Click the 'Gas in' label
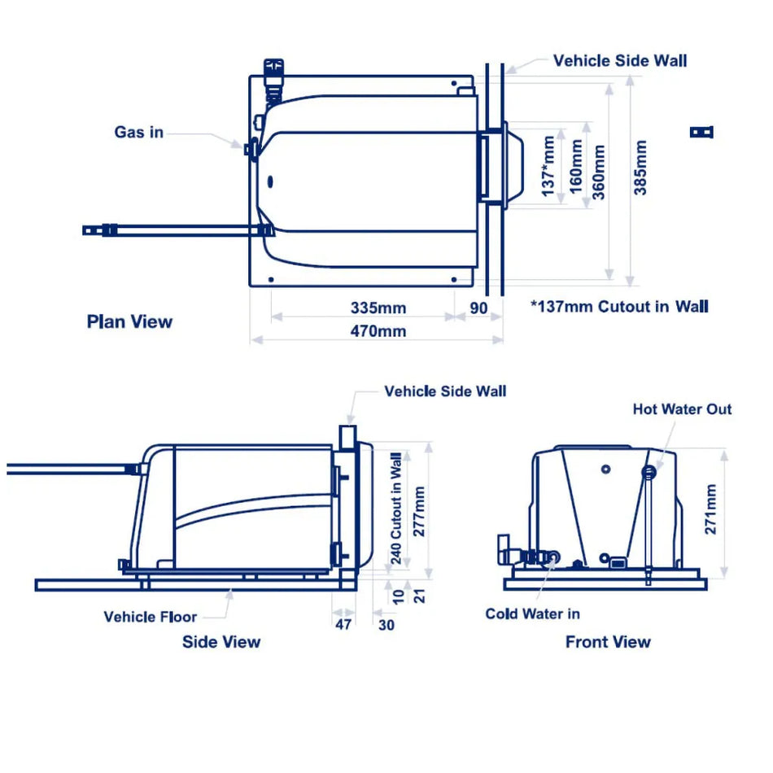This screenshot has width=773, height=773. (138, 132)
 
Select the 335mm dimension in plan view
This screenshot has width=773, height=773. (378, 308)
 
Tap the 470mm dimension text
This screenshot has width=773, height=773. (378, 331)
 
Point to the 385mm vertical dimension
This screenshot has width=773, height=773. (640, 168)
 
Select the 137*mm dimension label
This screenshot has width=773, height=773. (549, 165)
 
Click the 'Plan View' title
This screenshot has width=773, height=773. (129, 321)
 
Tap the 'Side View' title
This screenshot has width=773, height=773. (221, 642)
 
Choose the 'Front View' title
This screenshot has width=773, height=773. (608, 642)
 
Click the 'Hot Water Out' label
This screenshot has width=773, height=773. (682, 409)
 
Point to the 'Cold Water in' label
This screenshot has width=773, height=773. (532, 614)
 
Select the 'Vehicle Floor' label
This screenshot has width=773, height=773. (150, 616)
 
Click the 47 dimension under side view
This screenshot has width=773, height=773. (344, 624)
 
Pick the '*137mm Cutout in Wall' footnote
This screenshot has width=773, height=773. (618, 307)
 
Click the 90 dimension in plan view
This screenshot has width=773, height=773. (478, 308)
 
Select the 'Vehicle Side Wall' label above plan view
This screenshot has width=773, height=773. (619, 61)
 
